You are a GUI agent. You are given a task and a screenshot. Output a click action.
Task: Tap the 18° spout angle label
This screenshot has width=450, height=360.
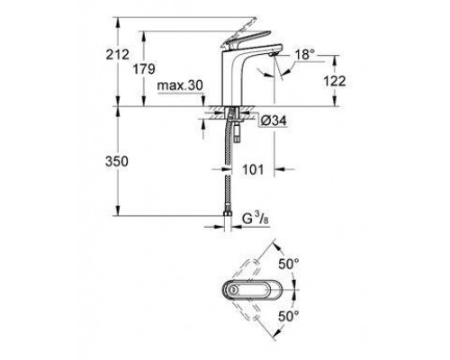click(x=304, y=56)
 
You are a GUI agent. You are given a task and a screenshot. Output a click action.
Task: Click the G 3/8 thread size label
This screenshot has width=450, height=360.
click(x=255, y=217)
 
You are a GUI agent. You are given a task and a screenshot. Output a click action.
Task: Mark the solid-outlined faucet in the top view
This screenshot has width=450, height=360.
click(x=254, y=290)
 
